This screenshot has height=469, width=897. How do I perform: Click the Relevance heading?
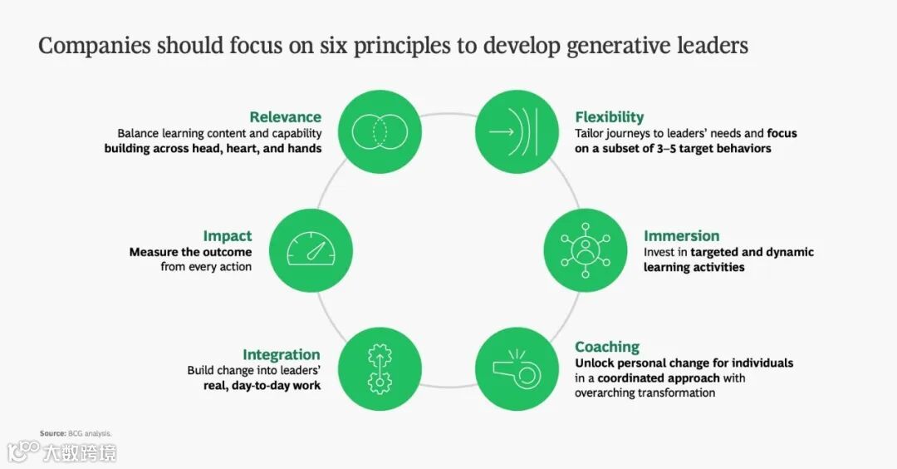click(285, 116)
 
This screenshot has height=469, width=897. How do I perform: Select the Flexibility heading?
click(609, 116)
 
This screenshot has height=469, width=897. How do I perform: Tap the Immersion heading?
click(681, 235)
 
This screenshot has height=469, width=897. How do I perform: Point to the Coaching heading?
click(607, 347)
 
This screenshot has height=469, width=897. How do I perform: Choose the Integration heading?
click(281, 354)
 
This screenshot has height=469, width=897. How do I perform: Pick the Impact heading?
click(227, 235)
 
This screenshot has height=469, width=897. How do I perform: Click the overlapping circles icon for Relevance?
click(381, 131)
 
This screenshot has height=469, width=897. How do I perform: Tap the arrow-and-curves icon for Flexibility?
click(516, 131)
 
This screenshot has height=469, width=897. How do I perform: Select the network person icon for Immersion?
click(584, 249)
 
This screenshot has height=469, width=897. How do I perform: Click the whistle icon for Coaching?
click(516, 368)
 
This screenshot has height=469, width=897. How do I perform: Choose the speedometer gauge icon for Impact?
click(312, 249)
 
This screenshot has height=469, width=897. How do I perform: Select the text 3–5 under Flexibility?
click(677, 149)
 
